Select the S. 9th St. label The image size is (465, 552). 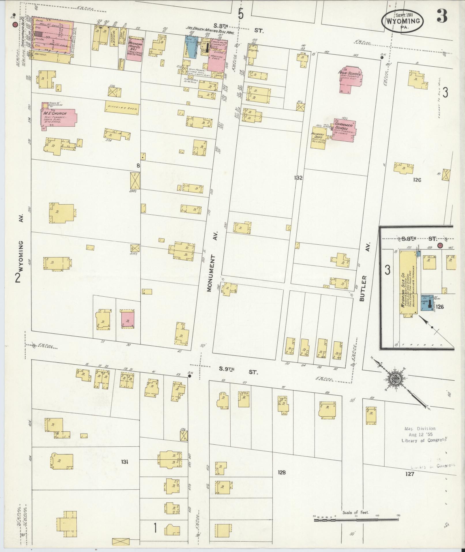pos(238,372)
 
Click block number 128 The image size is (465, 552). pos(282,472)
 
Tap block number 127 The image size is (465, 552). pos(409,474)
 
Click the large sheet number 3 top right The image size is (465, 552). pos(441,16)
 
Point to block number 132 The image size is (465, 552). pos(298,178)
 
